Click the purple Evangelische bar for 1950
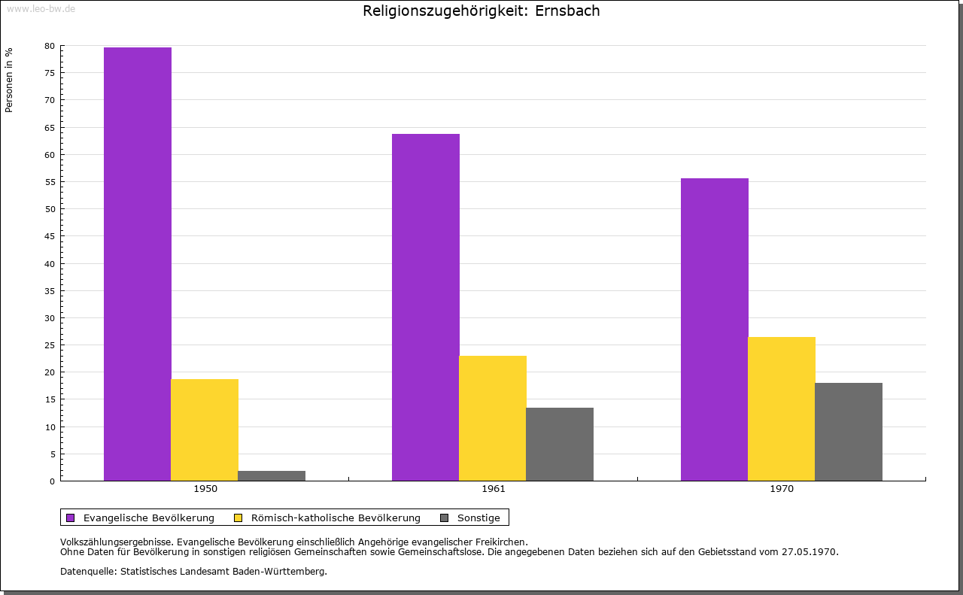(138, 263)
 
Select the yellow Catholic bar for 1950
(205, 430)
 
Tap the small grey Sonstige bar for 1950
(272, 475)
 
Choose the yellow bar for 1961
(493, 418)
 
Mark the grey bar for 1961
(560, 444)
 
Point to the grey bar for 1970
(849, 432)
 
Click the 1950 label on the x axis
(205, 489)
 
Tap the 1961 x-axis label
(494, 489)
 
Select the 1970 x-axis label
(782, 489)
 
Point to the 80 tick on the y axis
(50, 46)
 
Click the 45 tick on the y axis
(50, 236)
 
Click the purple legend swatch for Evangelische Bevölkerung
(71, 518)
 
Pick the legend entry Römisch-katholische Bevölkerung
(336, 518)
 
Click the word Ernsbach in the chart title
(567, 11)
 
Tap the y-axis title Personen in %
(9, 80)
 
